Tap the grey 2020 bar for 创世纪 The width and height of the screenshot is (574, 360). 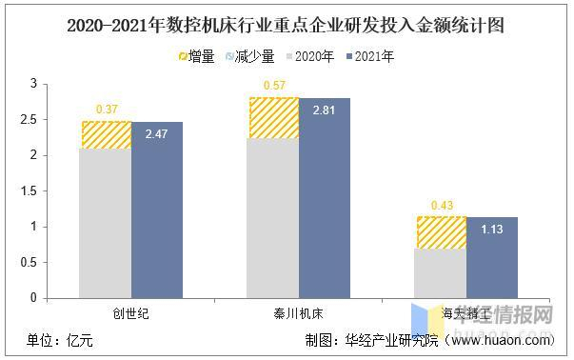[106, 224]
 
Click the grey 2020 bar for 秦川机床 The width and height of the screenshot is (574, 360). [273, 219]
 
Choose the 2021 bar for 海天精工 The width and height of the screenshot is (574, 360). [491, 257]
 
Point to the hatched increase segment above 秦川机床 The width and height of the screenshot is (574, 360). [273, 118]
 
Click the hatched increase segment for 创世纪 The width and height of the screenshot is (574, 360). [106, 135]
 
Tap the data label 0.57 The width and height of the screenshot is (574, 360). [274, 86]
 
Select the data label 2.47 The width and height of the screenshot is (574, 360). [156, 136]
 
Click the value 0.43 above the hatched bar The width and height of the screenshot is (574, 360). [442, 205]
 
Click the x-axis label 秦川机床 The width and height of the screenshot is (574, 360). [298, 312]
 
